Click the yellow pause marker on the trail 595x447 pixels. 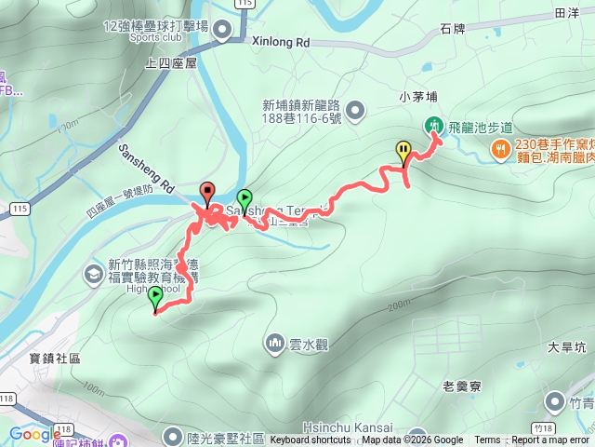(x=403, y=150)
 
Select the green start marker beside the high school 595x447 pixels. (x=155, y=297)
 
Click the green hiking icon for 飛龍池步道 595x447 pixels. (x=433, y=126)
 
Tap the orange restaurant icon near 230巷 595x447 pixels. (x=501, y=147)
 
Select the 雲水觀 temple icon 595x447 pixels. (x=275, y=344)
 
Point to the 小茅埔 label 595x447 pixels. (x=417, y=95)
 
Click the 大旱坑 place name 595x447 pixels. (x=566, y=348)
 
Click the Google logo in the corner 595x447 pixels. (x=35, y=434)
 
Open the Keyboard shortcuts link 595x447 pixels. (x=311, y=440)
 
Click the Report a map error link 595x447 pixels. (x=550, y=440)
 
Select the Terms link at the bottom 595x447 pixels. (x=487, y=440)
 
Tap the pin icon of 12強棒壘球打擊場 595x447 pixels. (x=221, y=32)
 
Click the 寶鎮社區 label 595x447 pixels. (x=55, y=358)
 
